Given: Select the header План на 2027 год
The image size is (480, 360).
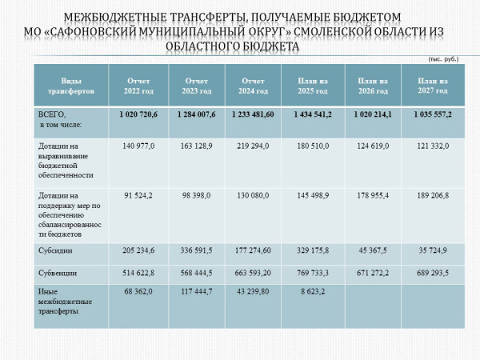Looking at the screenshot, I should point(433,86).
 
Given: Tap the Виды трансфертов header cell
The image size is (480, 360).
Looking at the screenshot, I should point(66,86).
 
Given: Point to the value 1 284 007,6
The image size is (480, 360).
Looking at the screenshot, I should point(197,115).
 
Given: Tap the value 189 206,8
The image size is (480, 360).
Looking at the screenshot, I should point(433,194).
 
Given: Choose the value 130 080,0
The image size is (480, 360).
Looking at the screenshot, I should point(253,194).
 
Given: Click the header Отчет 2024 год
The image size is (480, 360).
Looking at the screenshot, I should point(253,86).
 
